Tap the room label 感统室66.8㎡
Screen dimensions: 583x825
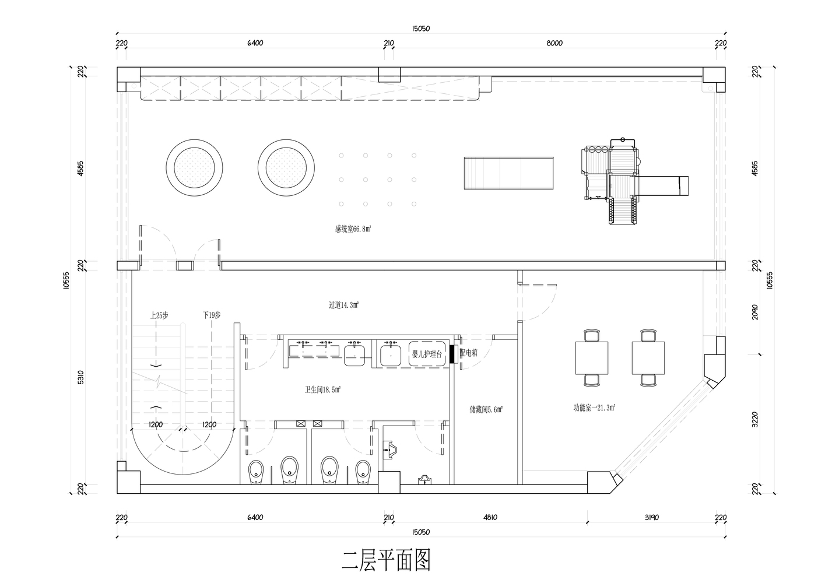click(353, 229)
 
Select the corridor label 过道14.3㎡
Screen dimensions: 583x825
click(343, 304)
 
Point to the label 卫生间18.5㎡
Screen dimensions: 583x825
click(322, 389)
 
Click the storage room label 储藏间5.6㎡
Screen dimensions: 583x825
click(486, 410)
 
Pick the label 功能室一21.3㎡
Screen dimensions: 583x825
click(594, 408)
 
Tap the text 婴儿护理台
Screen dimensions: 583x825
click(427, 354)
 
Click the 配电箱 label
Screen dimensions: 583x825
click(469, 353)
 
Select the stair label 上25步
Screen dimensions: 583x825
click(159, 315)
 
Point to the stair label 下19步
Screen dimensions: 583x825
click(212, 315)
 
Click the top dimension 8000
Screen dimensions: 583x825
click(554, 43)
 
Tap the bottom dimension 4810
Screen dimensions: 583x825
click(489, 517)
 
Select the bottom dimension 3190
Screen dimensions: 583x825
click(651, 517)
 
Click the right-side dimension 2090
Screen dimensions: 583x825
click(755, 312)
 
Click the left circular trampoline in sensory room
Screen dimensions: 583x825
click(195, 166)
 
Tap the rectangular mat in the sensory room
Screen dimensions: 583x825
click(508, 173)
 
